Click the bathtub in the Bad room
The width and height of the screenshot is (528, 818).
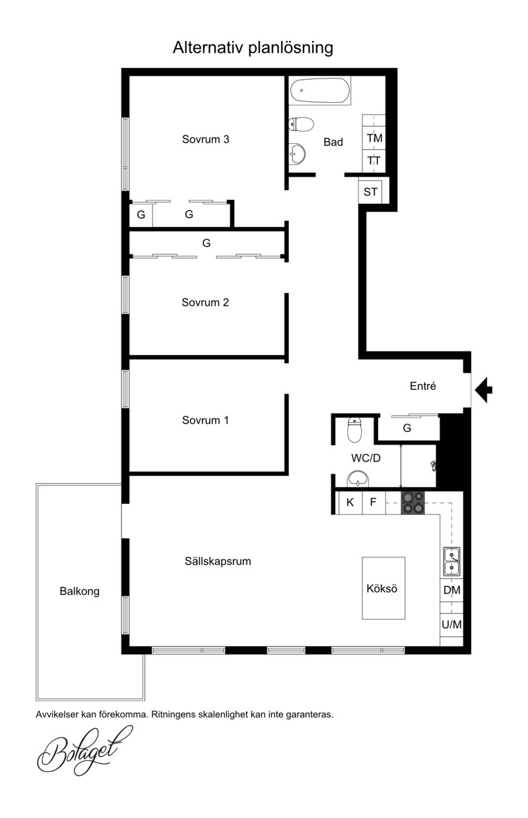tap(320, 90)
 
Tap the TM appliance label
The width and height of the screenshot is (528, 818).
tap(374, 138)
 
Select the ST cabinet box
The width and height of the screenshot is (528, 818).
tap(370, 191)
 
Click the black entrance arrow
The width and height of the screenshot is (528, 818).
tap(483, 390)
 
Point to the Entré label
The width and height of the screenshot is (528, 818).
tap(423, 386)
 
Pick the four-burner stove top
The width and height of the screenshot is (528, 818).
tap(413, 503)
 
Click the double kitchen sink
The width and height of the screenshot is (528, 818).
tap(451, 561)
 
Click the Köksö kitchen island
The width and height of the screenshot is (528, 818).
tap(383, 588)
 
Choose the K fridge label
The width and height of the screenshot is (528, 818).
tap(350, 503)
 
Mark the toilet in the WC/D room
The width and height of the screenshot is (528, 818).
tap(354, 429)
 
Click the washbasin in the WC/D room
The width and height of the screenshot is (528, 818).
tap(358, 479)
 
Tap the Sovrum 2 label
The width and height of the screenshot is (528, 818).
tap(205, 302)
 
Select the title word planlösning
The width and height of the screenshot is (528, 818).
tap(291, 48)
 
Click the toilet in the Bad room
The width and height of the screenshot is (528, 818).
tap(301, 124)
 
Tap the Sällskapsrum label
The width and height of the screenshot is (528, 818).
tap(218, 561)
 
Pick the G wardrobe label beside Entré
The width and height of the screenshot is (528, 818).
tap(407, 427)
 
